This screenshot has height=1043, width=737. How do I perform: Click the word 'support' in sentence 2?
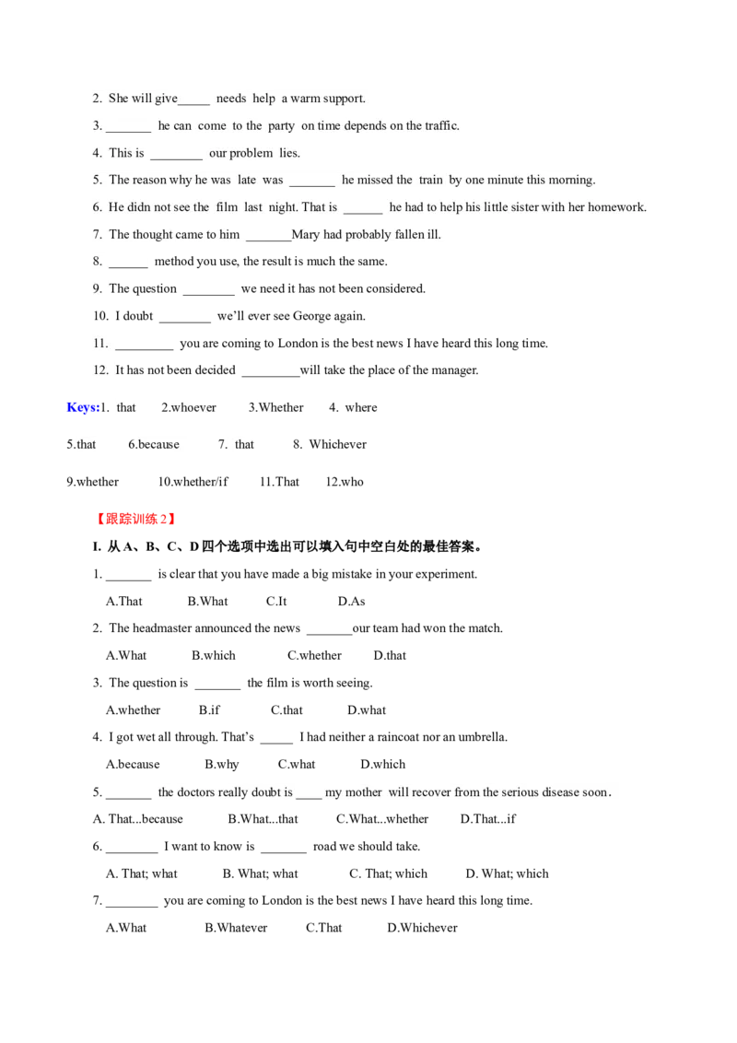coord(344,99)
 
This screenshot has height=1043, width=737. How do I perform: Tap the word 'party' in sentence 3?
coord(281,126)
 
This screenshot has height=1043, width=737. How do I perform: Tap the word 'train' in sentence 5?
coord(430,181)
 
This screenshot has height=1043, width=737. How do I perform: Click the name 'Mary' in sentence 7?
coord(305,235)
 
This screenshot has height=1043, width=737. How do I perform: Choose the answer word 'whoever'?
coord(193,407)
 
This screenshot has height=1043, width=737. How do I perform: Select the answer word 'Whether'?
coord(281,407)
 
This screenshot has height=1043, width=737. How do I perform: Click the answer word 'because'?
coord(158,445)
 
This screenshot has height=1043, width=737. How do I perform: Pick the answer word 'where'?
coord(361,407)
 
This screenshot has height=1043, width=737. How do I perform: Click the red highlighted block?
coord(135,520)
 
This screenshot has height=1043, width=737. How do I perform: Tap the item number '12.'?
coord(99,371)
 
